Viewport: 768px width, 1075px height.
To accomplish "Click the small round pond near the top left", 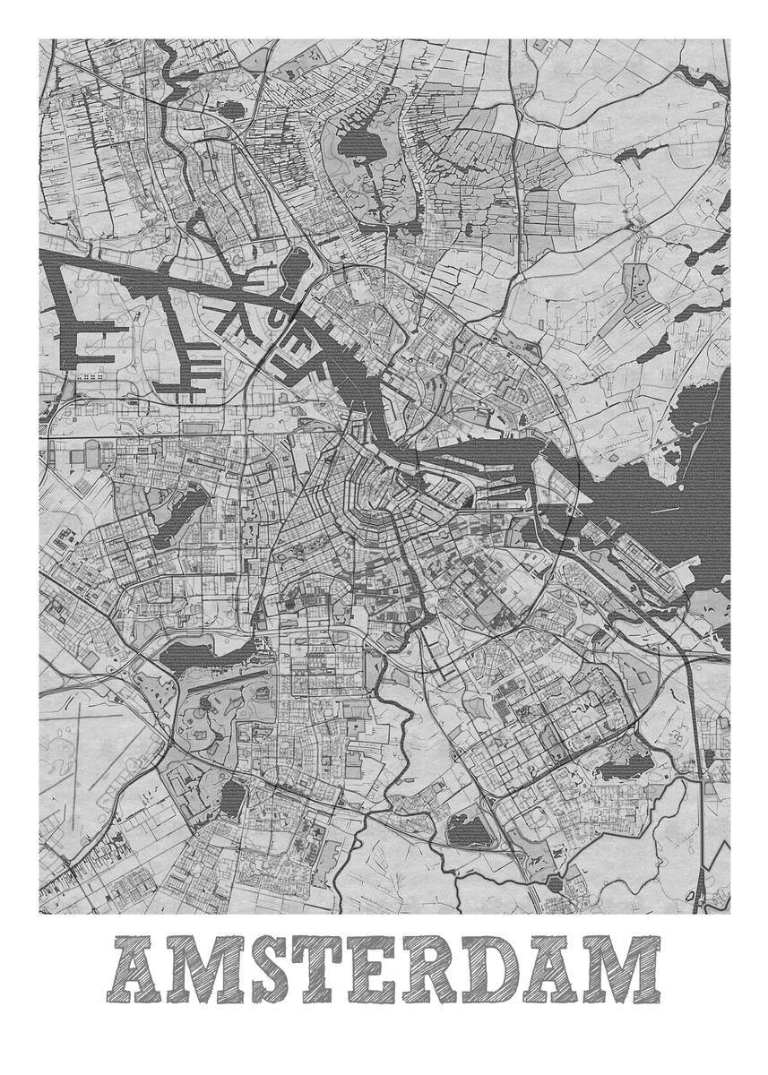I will [231, 111].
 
